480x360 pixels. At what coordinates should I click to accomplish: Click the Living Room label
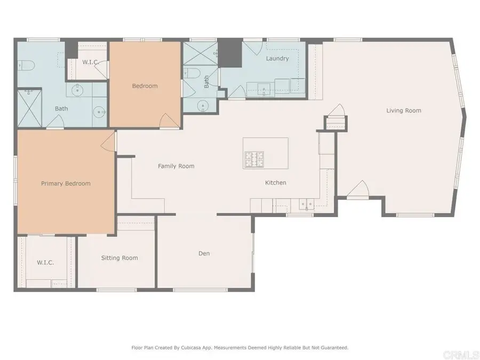pyautogui.click(x=404, y=111)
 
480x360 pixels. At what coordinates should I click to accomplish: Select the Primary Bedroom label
pyautogui.click(x=66, y=183)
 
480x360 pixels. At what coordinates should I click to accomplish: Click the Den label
pyautogui.click(x=204, y=253)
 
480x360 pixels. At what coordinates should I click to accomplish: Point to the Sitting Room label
pyautogui.click(x=119, y=258)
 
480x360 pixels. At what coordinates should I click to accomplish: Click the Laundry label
pyautogui.click(x=277, y=59)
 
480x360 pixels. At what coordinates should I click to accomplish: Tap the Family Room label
pyautogui.click(x=176, y=166)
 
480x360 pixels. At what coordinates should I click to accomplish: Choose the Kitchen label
pyautogui.click(x=276, y=183)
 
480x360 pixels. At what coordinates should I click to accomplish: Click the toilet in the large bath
pyautogui.click(x=27, y=66)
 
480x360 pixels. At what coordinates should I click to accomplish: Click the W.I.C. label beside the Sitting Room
pyautogui.click(x=45, y=262)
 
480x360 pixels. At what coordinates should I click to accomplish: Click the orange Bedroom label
pyautogui.click(x=145, y=86)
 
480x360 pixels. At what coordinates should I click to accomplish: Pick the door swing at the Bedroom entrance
pyautogui.click(x=166, y=121)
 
